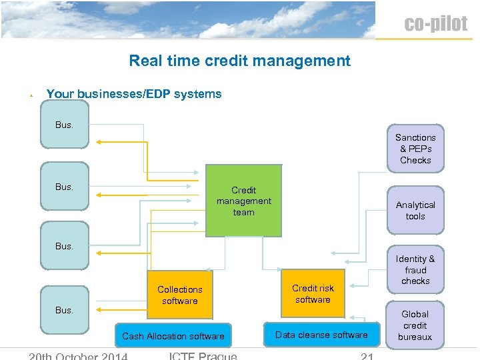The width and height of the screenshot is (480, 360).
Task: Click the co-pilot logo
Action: pyautogui.click(x=436, y=24)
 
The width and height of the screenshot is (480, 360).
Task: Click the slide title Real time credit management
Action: pyautogui.click(x=239, y=61)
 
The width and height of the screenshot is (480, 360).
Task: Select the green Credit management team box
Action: pyautogui.click(x=243, y=201)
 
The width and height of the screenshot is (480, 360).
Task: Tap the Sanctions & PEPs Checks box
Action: pyautogui.click(x=415, y=149)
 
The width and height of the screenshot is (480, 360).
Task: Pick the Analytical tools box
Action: pyautogui.click(x=415, y=210)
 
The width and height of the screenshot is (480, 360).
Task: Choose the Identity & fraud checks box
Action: pyautogui.click(x=415, y=270)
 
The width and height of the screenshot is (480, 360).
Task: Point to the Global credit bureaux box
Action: pyautogui.click(x=415, y=325)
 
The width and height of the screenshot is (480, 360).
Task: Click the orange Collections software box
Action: pyautogui.click(x=179, y=295)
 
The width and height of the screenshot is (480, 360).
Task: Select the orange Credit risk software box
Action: pyautogui.click(x=313, y=293)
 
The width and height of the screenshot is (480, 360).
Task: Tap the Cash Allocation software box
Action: pyautogui.click(x=173, y=336)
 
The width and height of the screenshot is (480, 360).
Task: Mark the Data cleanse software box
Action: pyautogui.click(x=321, y=335)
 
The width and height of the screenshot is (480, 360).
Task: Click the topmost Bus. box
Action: pyautogui.click(x=64, y=125)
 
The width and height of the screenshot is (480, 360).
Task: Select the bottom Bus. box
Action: pyautogui.click(x=64, y=309)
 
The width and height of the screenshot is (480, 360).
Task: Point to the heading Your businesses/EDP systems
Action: pyautogui.click(x=134, y=94)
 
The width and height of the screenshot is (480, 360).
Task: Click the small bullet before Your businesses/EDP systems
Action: pyautogui.click(x=31, y=95)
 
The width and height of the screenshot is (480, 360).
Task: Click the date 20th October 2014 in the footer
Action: pyautogui.click(x=77, y=355)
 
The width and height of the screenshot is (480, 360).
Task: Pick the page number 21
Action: pyautogui.click(x=367, y=356)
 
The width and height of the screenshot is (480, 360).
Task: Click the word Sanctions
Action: pyautogui.click(x=415, y=137)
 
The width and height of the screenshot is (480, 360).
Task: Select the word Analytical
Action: pyautogui.click(x=415, y=205)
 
